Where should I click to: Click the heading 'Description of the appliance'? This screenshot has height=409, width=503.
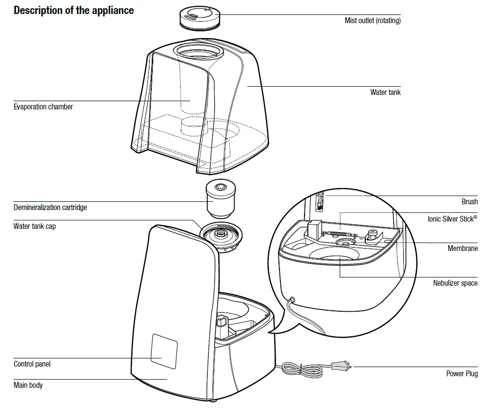[x=74, y=10]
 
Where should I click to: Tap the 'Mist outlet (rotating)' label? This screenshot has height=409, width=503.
[x=372, y=21]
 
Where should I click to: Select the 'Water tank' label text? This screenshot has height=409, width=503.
[x=385, y=92]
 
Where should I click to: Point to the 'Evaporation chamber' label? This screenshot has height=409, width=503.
[x=43, y=106]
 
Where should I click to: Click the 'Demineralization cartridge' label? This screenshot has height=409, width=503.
[x=50, y=207]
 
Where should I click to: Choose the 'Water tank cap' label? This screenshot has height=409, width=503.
[x=34, y=226]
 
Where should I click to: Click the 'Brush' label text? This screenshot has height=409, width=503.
[x=469, y=201]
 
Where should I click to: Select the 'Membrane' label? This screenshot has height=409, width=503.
[x=463, y=248]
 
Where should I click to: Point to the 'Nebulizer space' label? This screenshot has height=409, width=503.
[x=455, y=283]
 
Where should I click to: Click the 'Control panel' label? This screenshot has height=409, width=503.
[x=32, y=364]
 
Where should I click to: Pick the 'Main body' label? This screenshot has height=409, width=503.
[x=28, y=385]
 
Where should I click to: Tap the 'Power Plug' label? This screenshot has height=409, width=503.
[x=462, y=373]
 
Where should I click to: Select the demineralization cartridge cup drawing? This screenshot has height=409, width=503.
[x=221, y=199]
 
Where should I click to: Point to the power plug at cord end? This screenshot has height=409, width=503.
[x=343, y=367]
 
